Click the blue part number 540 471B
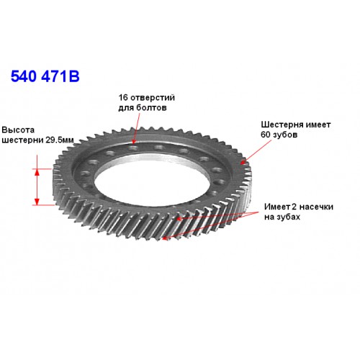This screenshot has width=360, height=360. pyautogui.click(x=45, y=76)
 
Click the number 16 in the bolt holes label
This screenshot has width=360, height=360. pyautogui.click(x=123, y=98)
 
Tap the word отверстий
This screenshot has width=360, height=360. pyautogui.click(x=153, y=98)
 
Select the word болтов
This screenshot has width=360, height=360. pyautogui.click(x=151, y=108)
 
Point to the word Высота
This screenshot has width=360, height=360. pyautogui.click(x=18, y=130)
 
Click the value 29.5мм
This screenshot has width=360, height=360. pyautogui.click(x=60, y=140)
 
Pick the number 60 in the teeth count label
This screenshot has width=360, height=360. pyautogui.click(x=266, y=135)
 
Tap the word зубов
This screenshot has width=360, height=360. pyautogui.click(x=285, y=135)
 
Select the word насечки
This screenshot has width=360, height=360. pyautogui.click(x=316, y=207)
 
